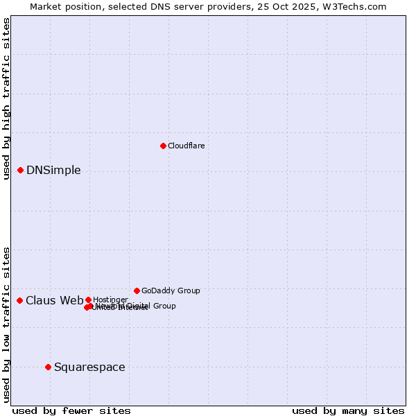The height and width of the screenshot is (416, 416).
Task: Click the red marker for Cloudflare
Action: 163,146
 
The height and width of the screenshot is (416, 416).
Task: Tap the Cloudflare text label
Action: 186,146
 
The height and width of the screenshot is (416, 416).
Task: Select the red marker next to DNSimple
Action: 20,170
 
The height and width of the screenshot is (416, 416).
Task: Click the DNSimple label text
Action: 53,171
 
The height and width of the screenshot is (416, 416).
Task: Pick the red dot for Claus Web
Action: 19,300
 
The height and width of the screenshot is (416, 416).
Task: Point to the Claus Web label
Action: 54,300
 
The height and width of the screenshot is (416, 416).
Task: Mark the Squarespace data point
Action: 48,367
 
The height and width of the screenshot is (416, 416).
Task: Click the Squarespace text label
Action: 89,367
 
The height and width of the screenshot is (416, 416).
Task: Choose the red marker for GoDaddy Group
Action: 137,291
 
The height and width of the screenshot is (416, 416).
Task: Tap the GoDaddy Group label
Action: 171,291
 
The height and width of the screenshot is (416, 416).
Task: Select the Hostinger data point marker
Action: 88,300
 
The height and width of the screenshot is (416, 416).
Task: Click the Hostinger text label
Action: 110,300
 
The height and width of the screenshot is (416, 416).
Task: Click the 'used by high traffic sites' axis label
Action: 7,98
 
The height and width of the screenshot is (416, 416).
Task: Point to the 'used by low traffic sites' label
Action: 7,324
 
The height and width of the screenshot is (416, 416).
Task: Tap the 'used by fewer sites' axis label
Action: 71,411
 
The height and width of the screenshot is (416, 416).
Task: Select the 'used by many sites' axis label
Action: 348,411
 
